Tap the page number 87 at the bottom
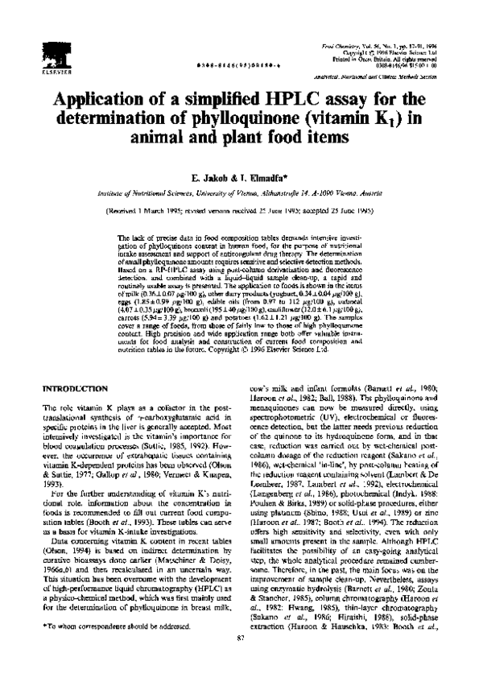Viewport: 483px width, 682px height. coord(241,660)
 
